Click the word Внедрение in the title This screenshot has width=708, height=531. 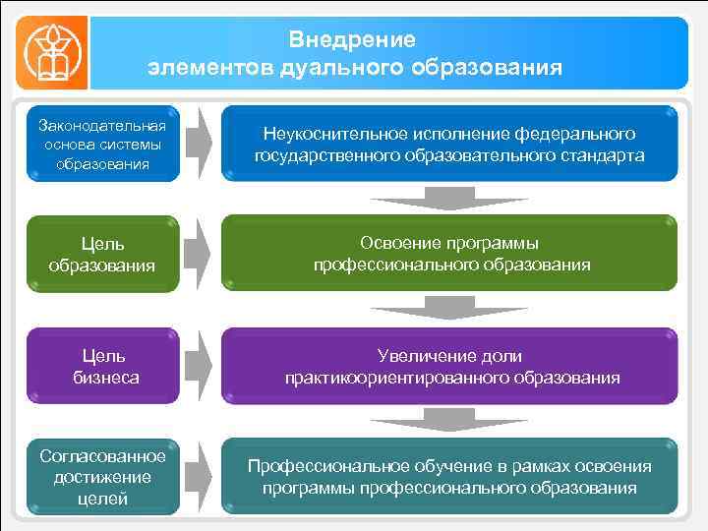coord(353,40)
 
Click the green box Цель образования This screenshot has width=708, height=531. coord(102,254)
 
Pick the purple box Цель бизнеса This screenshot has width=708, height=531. coord(102,366)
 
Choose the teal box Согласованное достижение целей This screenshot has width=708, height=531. coord(102,477)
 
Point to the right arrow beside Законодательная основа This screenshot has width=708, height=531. coord(200,144)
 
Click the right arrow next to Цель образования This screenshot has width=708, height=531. coord(200,254)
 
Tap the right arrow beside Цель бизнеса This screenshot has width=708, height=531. coord(200,366)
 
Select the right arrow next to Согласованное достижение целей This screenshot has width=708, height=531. coord(200,477)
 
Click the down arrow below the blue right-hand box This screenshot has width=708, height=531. coord(449,197)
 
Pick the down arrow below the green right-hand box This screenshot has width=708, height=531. coord(449,308)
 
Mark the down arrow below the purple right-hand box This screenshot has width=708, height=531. coord(449,420)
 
